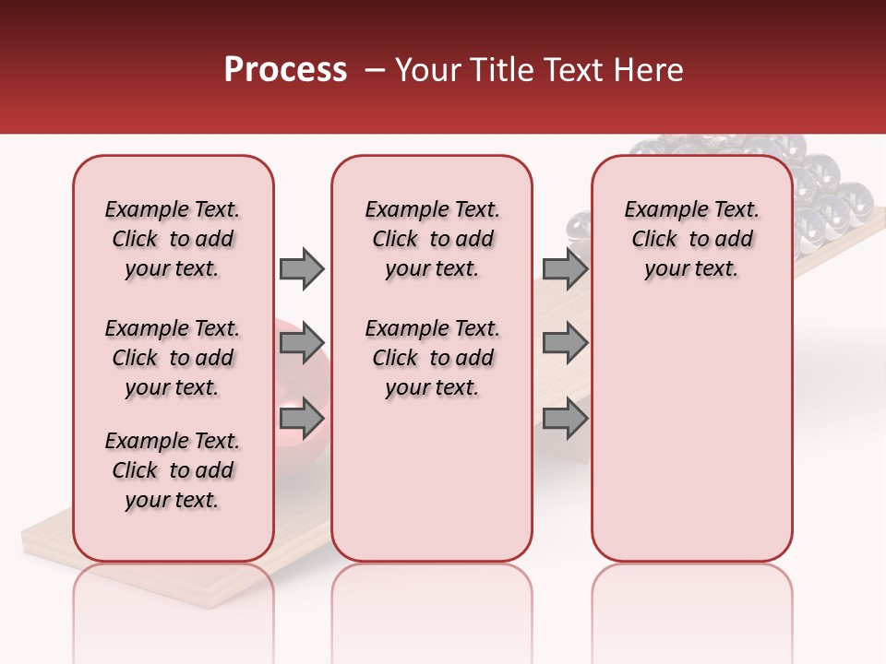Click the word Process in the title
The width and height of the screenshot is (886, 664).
284,70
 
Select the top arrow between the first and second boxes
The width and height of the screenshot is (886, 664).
302,268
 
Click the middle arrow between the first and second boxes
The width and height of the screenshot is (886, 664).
302,344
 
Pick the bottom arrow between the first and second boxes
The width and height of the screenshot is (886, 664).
302,420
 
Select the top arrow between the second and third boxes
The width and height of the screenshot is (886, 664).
565,268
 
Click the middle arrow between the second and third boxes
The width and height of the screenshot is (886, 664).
565,344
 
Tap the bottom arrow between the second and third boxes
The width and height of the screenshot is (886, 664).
565,420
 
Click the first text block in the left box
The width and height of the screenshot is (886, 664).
173,239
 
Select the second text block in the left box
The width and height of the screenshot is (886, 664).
173,358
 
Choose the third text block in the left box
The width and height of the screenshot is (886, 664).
173,470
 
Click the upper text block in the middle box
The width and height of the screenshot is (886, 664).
433,239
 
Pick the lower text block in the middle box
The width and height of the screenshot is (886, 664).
433,358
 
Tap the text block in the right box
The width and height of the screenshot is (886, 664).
692,239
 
